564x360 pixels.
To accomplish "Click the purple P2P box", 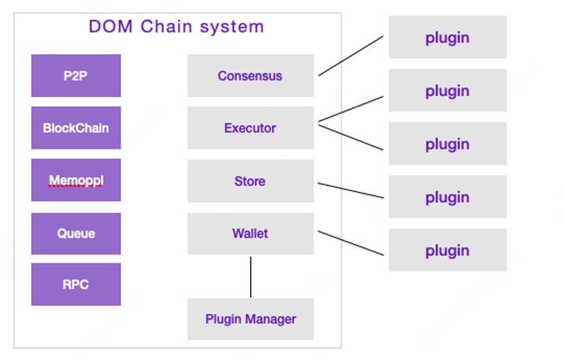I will pyautogui.click(x=76, y=76).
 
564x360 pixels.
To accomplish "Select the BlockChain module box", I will pyautogui.click(x=76, y=128).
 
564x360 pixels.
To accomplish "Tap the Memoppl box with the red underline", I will pyautogui.click(x=76, y=180).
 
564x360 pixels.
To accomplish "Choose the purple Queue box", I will pyautogui.click(x=76, y=234).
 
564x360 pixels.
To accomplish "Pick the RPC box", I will pyautogui.click(x=76, y=284).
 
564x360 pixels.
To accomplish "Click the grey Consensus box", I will pyautogui.click(x=250, y=76).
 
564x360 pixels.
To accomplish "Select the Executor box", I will pyautogui.click(x=250, y=128).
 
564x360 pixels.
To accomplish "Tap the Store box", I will pyautogui.click(x=250, y=181).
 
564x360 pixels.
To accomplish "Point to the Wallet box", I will pyautogui.click(x=250, y=234).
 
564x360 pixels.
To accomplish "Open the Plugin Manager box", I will pyautogui.click(x=250, y=319).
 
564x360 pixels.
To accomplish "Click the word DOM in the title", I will pyautogui.click(x=111, y=27).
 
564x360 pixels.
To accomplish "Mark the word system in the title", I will pyautogui.click(x=232, y=27).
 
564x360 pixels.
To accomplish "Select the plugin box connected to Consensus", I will pyautogui.click(x=447, y=38).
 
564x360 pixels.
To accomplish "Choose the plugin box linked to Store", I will pyautogui.click(x=447, y=197).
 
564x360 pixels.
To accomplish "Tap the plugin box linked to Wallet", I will pyautogui.click(x=447, y=250).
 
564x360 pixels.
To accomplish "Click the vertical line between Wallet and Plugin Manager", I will pyautogui.click(x=251, y=277).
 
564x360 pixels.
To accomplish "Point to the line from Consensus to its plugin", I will pyautogui.click(x=351, y=56).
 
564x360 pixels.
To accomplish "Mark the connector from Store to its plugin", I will pyautogui.click(x=351, y=190).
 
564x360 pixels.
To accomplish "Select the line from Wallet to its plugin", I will pyautogui.click(x=351, y=243).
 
